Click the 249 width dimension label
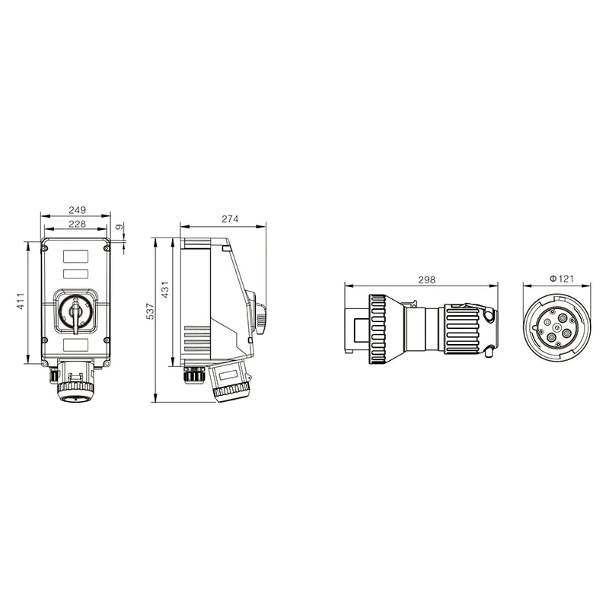pyautogui.click(x=76, y=210)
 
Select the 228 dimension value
pyautogui.click(x=76, y=224)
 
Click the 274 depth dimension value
pyautogui.click(x=230, y=220)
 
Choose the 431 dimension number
pyautogui.click(x=164, y=290)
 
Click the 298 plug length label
pyautogui.click(x=426, y=280)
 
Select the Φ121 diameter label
pyautogui.click(x=560, y=280)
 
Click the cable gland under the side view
pyautogui.click(x=193, y=375)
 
